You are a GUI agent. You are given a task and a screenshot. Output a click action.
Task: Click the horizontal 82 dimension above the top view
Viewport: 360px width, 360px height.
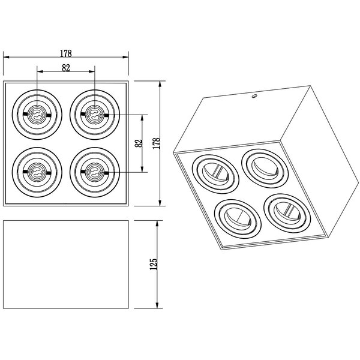pyautogui.click(x=66, y=68)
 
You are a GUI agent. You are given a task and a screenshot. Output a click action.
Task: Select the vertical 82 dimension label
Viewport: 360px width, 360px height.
pyautogui.click(x=139, y=142)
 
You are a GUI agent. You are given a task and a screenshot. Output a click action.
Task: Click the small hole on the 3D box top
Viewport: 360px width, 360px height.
pyautogui.click(x=254, y=95)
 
